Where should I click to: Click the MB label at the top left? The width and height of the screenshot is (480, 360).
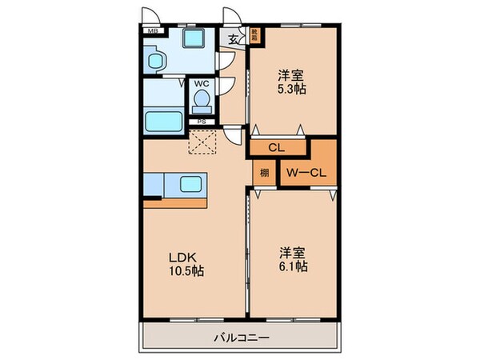tap(150, 31)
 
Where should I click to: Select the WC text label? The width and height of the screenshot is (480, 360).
tap(202, 83)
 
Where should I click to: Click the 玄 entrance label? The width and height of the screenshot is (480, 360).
tap(234, 38)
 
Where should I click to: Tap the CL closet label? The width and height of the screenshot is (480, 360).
tap(278, 147)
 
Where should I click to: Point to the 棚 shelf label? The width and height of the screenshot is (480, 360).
tap(262, 171)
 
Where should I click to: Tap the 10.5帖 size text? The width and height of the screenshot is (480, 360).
tap(186, 272)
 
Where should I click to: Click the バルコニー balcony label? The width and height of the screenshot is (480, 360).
tap(241, 338)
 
